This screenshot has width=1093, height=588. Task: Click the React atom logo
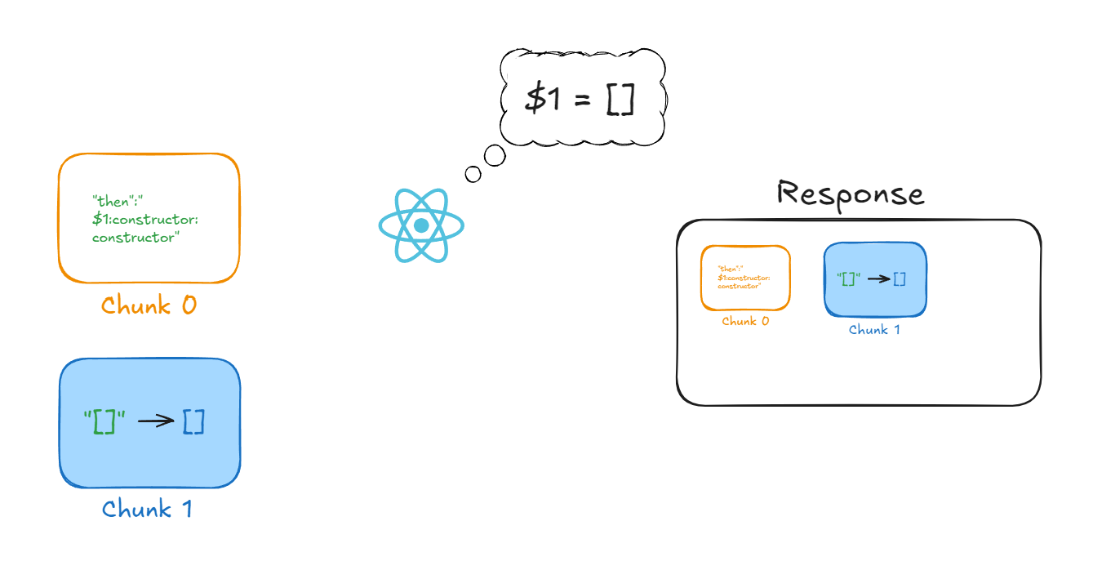tap(421, 225)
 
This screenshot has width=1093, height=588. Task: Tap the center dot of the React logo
tap(421, 225)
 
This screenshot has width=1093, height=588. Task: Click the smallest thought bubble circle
tap(473, 173)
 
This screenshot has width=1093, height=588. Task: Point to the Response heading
tap(850, 194)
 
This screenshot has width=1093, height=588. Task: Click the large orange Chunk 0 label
tap(149, 305)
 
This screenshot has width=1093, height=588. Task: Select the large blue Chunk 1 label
tap(148, 510)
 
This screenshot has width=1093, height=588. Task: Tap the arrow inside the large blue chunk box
tap(156, 421)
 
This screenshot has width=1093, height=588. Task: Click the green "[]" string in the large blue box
tap(105, 421)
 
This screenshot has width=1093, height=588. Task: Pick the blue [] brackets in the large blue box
tap(193, 421)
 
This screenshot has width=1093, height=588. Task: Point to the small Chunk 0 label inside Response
tap(745, 322)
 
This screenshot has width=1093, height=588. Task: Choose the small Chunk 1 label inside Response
tap(874, 330)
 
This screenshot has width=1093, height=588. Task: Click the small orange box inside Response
tap(745, 278)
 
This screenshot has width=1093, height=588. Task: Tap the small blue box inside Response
tap(875, 279)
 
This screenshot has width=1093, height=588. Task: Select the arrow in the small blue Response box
tap(878, 278)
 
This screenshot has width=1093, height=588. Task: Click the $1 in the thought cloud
tap(544, 98)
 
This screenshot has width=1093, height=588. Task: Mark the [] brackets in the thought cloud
tap(620, 98)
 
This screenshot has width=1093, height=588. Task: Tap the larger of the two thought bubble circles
tap(494, 155)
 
